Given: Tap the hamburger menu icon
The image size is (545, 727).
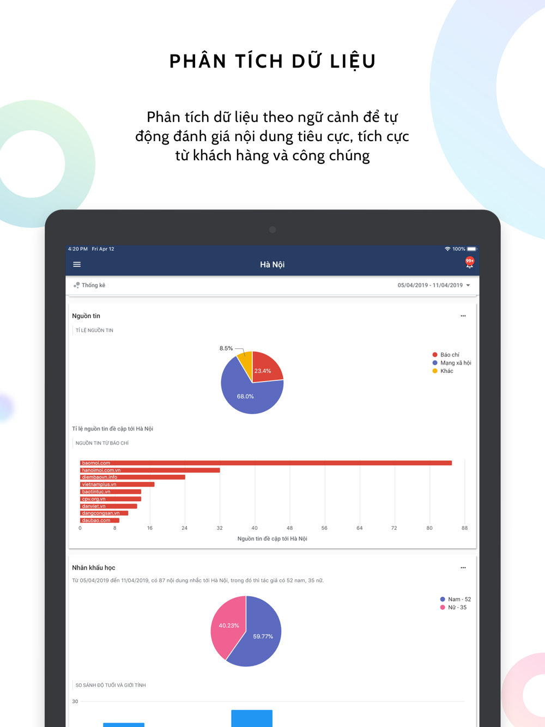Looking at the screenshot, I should point(77,264).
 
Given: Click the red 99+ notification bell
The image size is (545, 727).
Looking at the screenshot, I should point(469,263).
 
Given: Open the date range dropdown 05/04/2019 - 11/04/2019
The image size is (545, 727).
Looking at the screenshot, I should point(434,285).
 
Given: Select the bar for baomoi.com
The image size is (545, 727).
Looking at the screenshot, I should point(266,463).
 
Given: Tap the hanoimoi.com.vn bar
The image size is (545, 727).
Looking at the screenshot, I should point(150,470).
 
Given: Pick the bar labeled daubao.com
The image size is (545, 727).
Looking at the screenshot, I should point(100,520).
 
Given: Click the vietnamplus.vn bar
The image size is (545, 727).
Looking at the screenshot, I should point(117,484).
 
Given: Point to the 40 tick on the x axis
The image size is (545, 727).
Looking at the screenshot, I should point(255,528).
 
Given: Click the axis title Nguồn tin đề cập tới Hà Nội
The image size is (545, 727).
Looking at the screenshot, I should point(272,538).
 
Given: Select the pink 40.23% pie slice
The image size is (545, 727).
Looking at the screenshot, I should point(228,627).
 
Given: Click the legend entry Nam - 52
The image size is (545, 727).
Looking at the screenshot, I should point(455,599).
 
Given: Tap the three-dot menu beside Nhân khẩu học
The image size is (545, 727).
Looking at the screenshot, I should point(463,568).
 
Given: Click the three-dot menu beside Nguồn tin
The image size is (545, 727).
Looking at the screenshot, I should point(463,316).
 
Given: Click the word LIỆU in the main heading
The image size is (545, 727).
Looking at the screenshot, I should point(353,61).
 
